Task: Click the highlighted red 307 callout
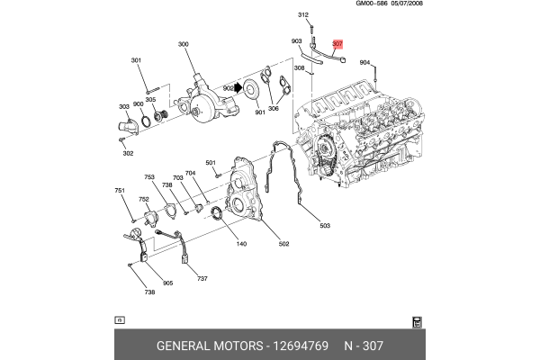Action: [x=337, y=43]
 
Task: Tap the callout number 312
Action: [x=303, y=15]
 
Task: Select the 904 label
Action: [x=364, y=63]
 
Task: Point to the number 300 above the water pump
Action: [x=184, y=44]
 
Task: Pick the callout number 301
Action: [x=137, y=61]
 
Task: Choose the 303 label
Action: [x=123, y=106]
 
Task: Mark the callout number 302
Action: [x=128, y=153]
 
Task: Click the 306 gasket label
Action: [x=273, y=109]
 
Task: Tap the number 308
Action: [x=299, y=81]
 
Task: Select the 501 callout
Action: [x=211, y=163]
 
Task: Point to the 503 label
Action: [x=325, y=225]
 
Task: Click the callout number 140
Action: [x=241, y=244]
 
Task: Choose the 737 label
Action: [x=202, y=278]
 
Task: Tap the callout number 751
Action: [x=119, y=191]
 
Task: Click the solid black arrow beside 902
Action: [x=239, y=88]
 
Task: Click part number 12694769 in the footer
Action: [x=299, y=346]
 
